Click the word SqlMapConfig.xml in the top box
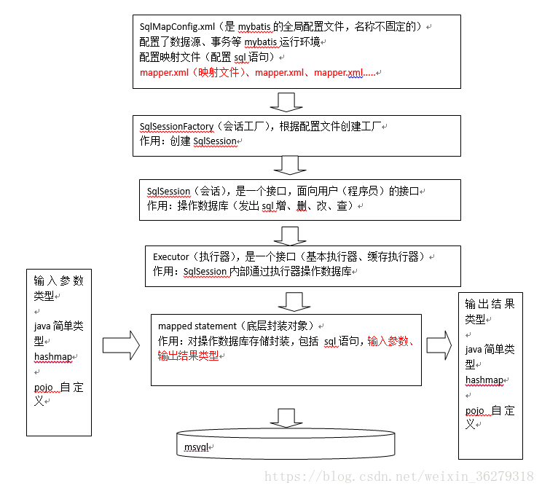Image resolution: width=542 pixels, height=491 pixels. point(172,27)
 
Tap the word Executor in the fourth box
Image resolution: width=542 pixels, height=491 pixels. point(171,257)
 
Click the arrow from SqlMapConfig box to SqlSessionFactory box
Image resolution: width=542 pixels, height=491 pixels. point(285,101)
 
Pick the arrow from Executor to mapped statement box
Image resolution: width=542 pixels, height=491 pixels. point(294,300)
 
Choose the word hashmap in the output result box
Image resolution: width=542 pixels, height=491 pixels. point(485,380)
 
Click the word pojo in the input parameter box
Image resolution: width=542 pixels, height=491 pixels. point(44,387)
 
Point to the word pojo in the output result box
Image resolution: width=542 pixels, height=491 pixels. point(475,410)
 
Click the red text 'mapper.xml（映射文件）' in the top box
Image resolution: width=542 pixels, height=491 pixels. point(193,73)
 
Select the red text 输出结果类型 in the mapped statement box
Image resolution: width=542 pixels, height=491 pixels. point(187,356)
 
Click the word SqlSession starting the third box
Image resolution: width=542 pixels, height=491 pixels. point(168,192)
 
